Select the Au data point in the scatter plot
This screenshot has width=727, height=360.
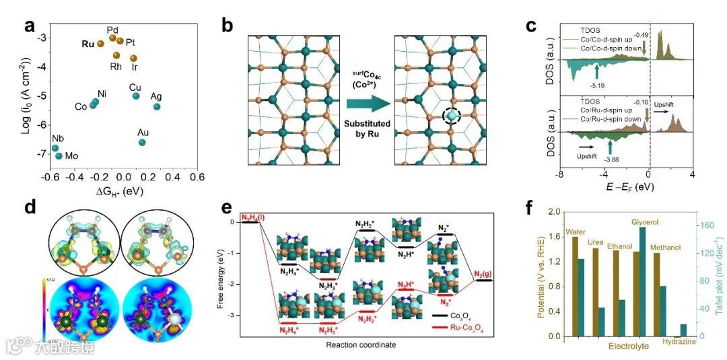click(142, 142)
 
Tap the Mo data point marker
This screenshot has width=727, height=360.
click(59, 156)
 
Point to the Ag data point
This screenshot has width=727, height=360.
click(157, 106)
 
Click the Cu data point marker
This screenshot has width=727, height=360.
click(136, 96)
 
